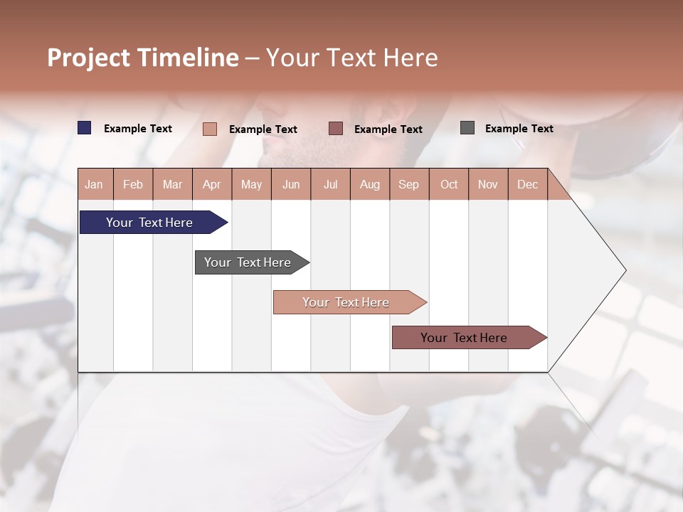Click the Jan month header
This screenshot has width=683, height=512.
coord(95,184)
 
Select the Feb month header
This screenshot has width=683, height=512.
coord(133,184)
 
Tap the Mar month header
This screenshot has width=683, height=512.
coord(172,184)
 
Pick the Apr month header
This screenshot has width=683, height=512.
coord(212,184)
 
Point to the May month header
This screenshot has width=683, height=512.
coord(251,184)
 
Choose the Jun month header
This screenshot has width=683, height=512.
coord(291,184)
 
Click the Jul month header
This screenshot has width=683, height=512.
coord(330,184)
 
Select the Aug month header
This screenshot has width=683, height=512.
coord(370,184)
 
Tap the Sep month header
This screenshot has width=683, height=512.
coord(409,184)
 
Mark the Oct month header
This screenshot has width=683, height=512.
coord(449,184)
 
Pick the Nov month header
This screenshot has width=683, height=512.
coord(488,184)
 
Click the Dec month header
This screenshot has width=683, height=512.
coord(527,184)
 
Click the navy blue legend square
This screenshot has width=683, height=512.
coord(85,128)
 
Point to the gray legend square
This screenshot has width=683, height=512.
coord(467,128)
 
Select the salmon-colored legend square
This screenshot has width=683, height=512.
coord(210,129)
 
